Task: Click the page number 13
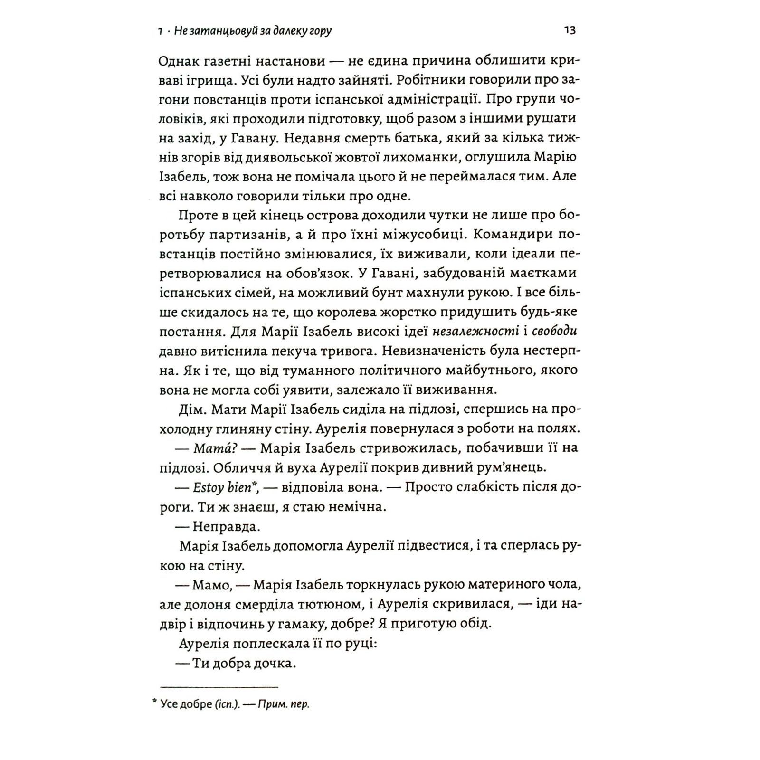pyautogui.click(x=570, y=30)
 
